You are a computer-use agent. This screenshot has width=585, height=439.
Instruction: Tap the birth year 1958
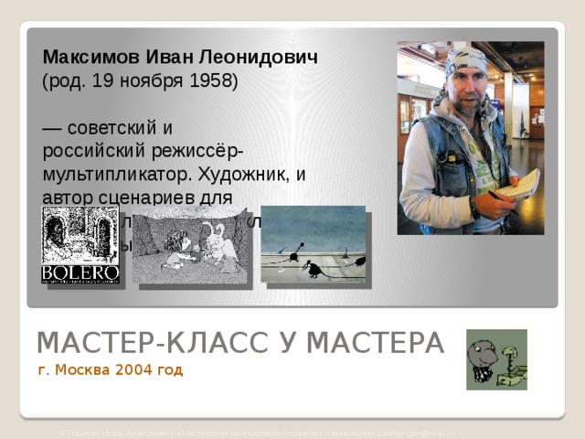pos(210,80)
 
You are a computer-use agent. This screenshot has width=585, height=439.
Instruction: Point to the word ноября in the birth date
pos(144,80)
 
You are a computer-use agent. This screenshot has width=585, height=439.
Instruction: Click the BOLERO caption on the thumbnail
pos(80,272)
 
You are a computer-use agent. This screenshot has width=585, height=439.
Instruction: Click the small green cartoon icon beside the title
pos(496,359)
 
